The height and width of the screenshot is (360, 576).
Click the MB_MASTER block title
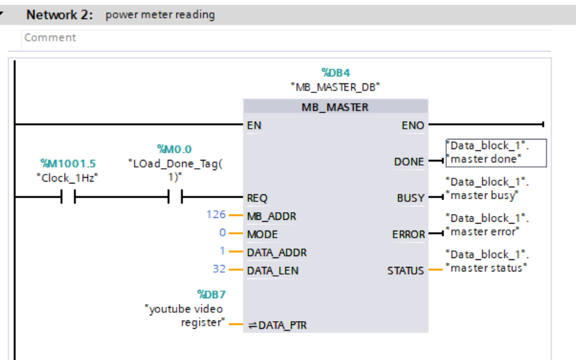(335, 107)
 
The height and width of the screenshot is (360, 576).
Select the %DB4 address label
(335, 73)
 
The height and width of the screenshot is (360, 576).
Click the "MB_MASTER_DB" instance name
(335, 87)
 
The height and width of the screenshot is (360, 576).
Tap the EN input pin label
(254, 126)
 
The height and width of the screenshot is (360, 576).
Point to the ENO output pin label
(413, 126)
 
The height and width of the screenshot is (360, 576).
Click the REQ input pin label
(257, 198)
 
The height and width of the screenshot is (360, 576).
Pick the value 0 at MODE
(223, 234)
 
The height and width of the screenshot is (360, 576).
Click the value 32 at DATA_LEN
(219, 270)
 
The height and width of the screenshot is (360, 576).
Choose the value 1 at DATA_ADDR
(223, 252)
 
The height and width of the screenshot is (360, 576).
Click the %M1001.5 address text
(68, 164)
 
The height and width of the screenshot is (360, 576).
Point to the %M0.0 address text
(175, 149)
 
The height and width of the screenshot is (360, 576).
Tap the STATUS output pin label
(405, 271)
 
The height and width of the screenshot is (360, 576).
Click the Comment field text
(50, 38)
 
